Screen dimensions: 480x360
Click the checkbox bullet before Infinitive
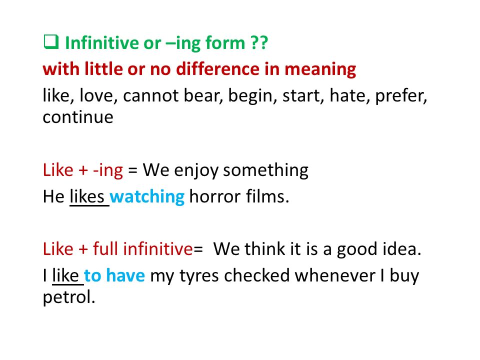51,42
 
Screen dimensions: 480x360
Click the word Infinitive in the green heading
102,42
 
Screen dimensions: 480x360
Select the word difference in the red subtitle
217,68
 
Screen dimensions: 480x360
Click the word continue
78,117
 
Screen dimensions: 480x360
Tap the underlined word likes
87,196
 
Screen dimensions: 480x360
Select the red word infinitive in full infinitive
158,248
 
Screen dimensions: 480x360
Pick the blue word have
125,275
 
